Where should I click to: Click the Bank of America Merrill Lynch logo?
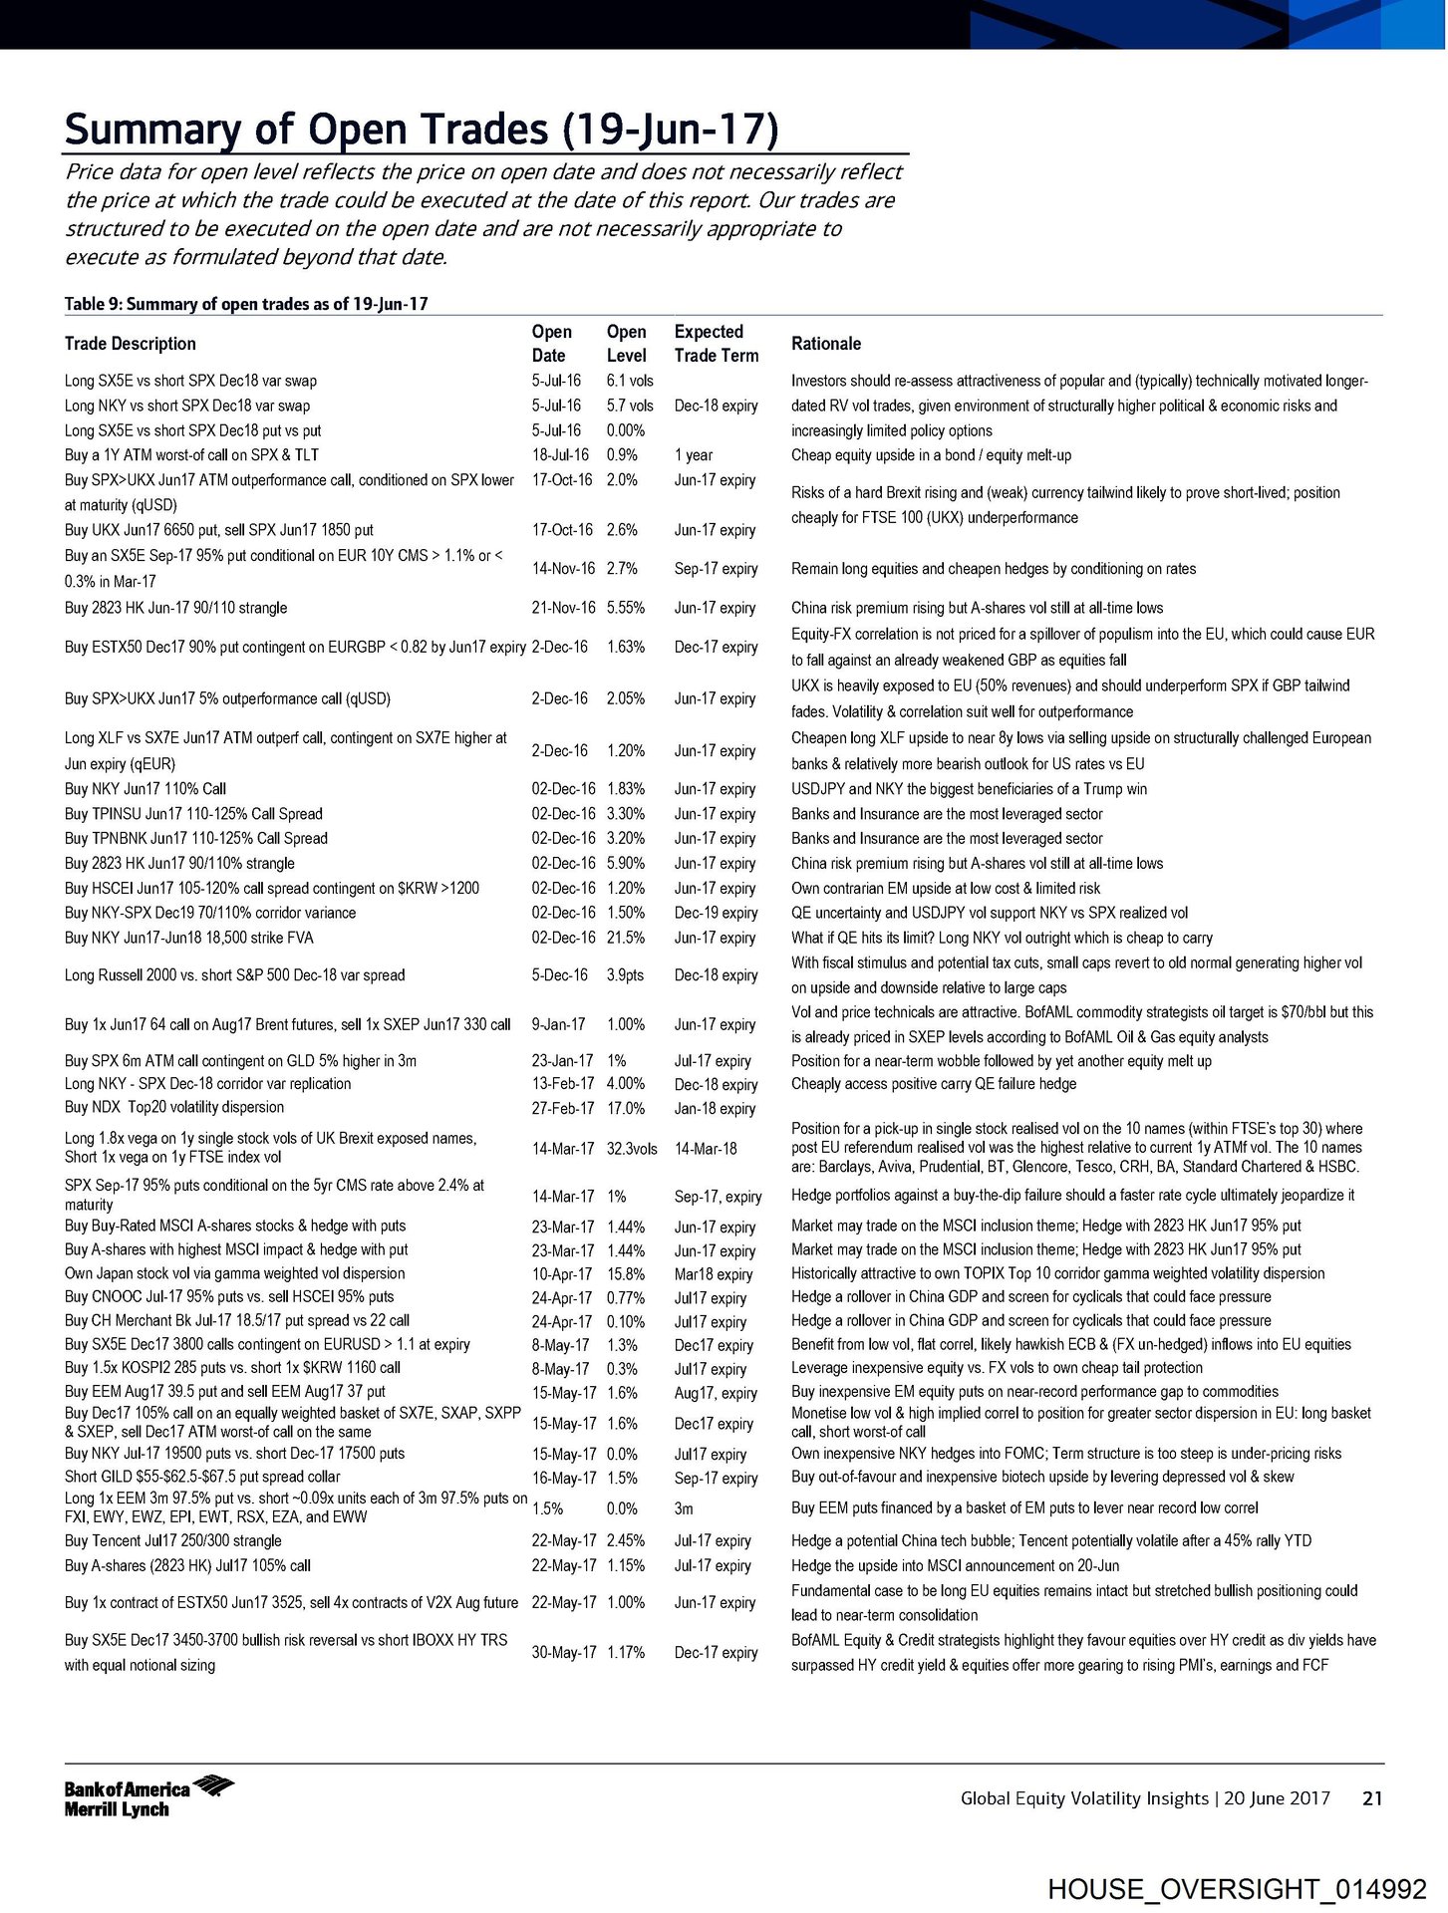click(148, 1796)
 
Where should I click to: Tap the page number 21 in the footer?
click(1372, 1798)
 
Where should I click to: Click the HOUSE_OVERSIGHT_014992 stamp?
click(1237, 1889)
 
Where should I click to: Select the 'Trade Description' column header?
click(130, 344)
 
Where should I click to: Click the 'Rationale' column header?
click(825, 344)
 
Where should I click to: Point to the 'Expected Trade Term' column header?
click(716, 344)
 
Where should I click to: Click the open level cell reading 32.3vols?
click(631, 1149)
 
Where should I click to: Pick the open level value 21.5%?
click(625, 938)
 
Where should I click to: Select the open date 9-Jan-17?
click(558, 1024)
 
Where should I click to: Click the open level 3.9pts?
click(627, 975)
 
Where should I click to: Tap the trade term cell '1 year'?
click(693, 455)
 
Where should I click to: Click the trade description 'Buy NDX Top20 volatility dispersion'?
click(173, 1107)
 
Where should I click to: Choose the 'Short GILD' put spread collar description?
click(201, 1477)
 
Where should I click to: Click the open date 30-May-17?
click(563, 1652)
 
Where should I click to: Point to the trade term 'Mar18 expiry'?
click(714, 1274)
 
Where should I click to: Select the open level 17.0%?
click(625, 1108)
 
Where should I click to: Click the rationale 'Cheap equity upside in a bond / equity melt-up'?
click(931, 455)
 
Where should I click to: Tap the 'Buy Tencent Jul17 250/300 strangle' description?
click(172, 1540)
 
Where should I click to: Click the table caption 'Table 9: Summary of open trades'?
click(246, 304)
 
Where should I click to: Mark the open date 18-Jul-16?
click(560, 455)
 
